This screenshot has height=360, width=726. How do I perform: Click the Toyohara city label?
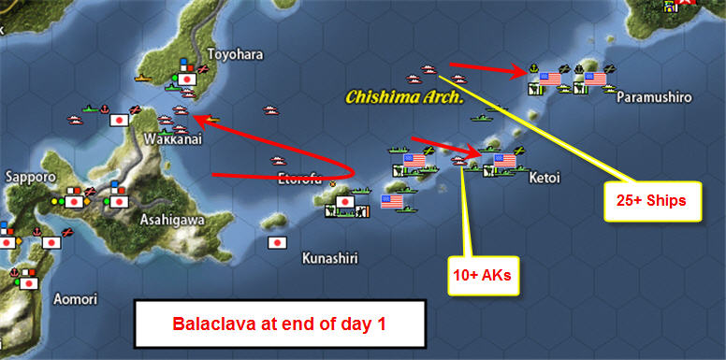coord(230,54)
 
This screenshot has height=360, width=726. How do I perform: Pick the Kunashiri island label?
coord(335,257)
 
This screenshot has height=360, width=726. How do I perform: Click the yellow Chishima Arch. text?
coord(405,96)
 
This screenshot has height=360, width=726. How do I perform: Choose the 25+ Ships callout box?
coord(652,200)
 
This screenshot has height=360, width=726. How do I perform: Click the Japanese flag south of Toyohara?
coord(186,80)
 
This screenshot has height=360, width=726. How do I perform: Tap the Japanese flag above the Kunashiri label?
coord(277,242)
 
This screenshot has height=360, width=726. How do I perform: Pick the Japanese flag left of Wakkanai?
coord(120,121)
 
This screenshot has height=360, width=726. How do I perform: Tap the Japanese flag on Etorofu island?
coord(344,201)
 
